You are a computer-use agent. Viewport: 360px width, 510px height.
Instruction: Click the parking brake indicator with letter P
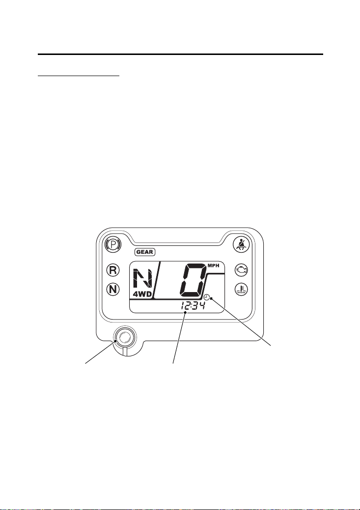[113, 244]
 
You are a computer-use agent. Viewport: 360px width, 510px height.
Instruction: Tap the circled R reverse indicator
[113, 270]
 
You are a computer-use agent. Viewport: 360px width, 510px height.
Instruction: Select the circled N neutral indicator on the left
[113, 289]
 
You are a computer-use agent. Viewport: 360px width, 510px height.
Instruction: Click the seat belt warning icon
[241, 244]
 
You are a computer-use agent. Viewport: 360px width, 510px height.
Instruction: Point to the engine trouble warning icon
[242, 269]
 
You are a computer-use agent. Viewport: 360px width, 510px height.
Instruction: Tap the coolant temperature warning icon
[242, 289]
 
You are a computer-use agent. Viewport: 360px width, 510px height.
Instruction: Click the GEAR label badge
[145, 252]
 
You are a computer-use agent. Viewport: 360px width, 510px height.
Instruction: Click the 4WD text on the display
[142, 295]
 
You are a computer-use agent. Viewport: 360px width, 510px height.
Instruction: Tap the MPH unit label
[214, 266]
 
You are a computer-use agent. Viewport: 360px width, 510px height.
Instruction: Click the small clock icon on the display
[207, 296]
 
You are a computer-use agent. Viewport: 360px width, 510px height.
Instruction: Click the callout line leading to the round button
[100, 352]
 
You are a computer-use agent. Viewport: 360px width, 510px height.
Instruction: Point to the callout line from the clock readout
[179, 338]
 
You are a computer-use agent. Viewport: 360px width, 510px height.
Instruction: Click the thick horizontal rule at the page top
[180, 54]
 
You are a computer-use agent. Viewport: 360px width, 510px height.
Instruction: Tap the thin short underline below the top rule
[79, 76]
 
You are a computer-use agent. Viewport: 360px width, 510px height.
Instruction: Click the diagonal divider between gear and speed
[157, 280]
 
